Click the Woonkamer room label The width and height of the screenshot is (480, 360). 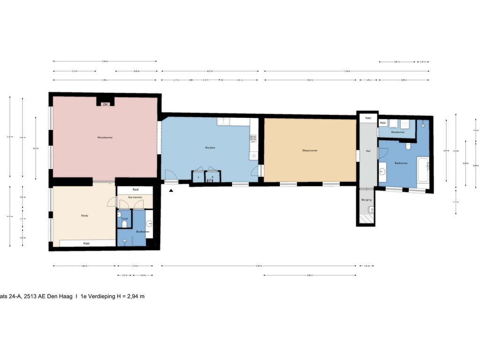105,137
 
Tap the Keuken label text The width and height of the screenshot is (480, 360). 210,148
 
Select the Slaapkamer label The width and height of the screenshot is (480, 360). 310,150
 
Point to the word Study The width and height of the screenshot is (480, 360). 84,216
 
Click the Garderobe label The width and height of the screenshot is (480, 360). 135,198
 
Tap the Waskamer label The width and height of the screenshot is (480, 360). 397,132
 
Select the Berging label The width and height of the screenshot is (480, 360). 366,200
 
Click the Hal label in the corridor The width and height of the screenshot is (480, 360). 368,151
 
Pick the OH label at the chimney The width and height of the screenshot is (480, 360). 105,104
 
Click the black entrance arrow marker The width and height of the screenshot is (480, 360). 172,190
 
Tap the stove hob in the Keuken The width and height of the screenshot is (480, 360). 253,138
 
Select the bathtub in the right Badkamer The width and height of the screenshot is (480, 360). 424,169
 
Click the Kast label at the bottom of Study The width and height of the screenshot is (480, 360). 87,243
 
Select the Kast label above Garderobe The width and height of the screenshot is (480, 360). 135,189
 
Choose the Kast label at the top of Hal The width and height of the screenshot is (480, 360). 368,118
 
